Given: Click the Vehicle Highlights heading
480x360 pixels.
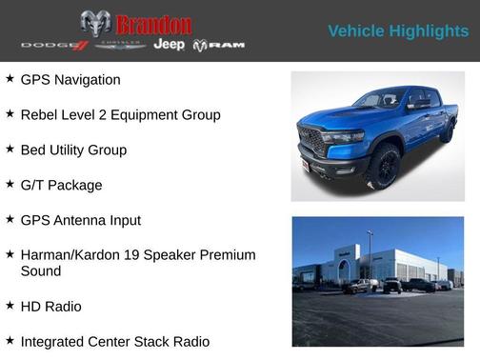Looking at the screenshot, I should [398, 31].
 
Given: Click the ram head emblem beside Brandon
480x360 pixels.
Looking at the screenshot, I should [95, 24].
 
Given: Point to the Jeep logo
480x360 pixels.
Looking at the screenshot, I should [170, 45].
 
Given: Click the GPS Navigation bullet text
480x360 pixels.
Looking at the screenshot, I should [70, 80].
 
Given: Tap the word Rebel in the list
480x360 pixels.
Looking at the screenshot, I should [39, 115].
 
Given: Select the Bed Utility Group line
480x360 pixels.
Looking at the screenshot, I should [73, 150].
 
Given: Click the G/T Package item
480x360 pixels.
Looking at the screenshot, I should [61, 186].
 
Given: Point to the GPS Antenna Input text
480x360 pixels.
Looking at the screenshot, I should [80, 221].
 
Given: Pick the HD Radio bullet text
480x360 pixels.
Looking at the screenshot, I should [50, 307].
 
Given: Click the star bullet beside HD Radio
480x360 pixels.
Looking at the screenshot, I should [10, 306].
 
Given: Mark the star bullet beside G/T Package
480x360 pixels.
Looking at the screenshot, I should [10, 185].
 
